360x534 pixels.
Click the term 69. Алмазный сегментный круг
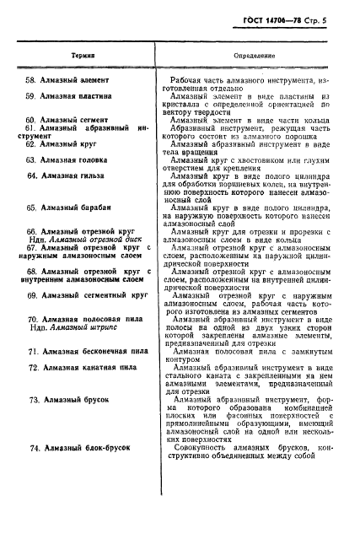88,295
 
